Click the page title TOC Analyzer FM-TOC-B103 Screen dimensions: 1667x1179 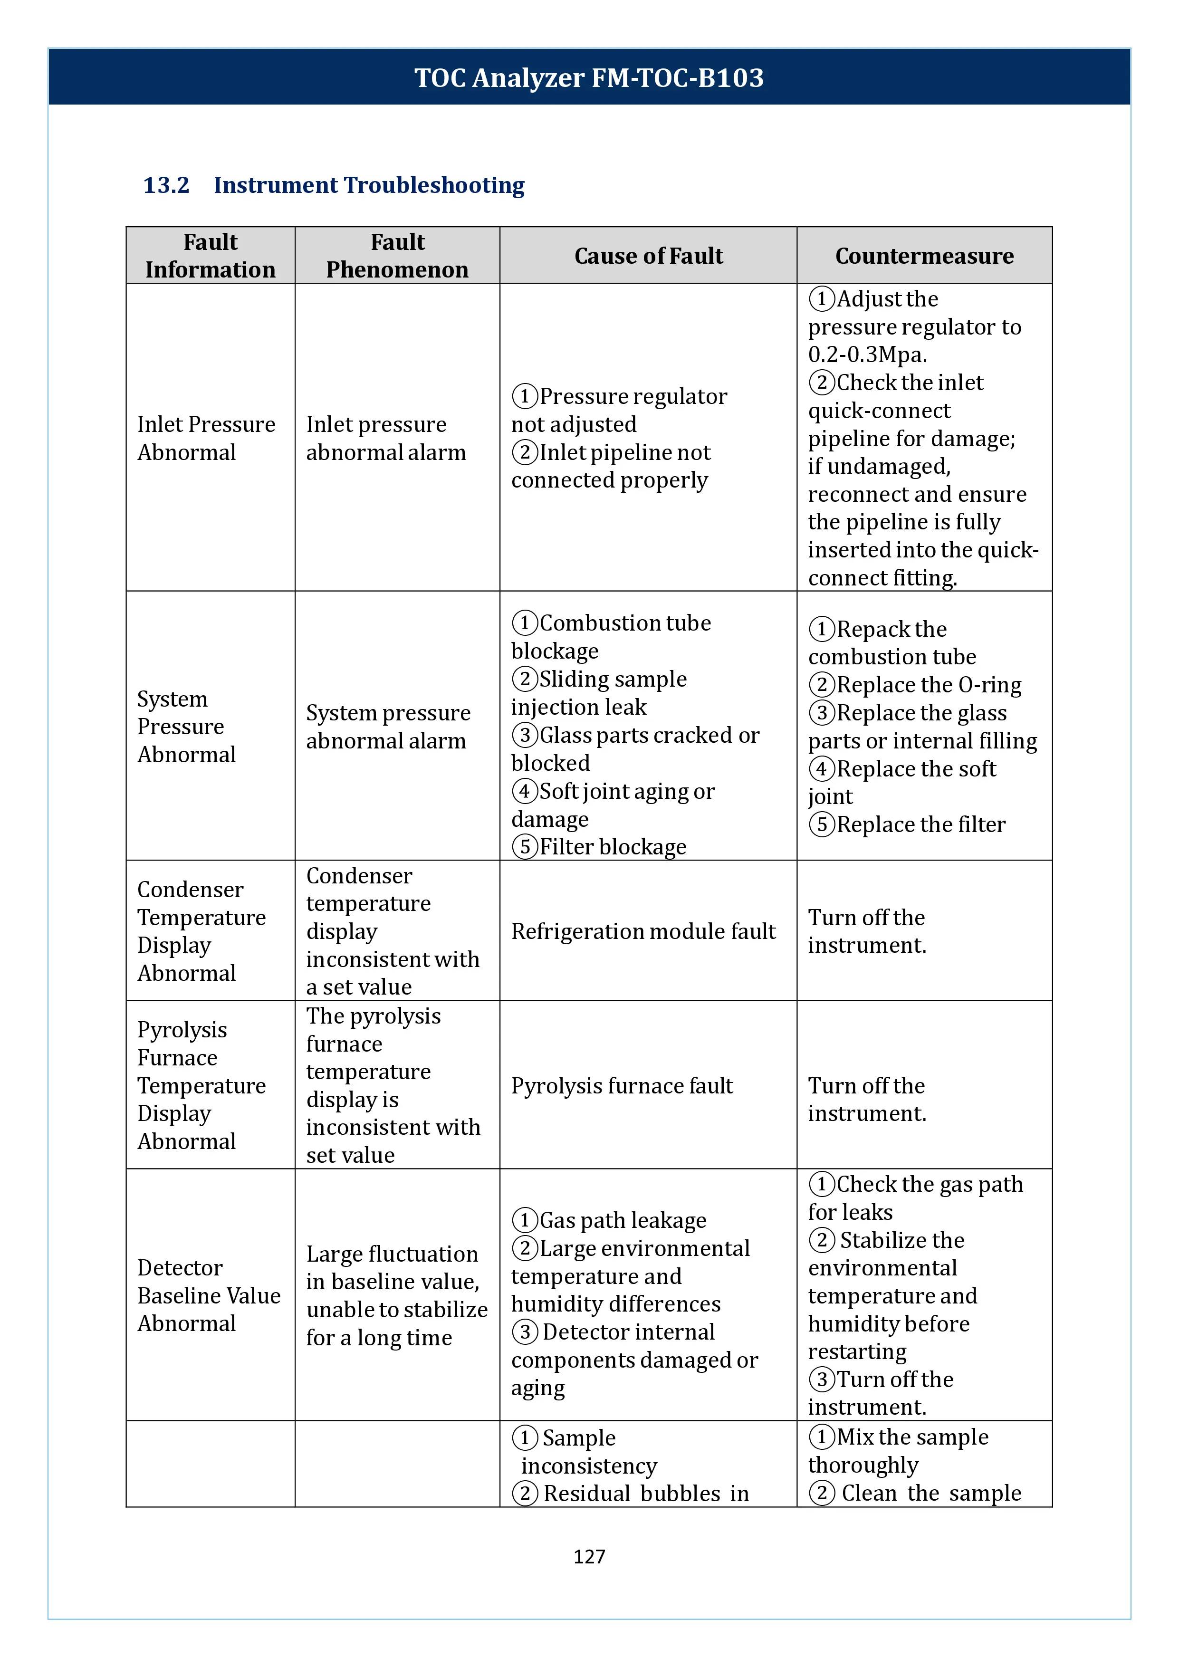[x=589, y=77]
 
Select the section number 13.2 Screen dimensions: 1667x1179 [x=166, y=185]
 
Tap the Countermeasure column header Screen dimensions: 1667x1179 [x=924, y=256]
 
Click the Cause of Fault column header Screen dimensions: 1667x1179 [x=648, y=256]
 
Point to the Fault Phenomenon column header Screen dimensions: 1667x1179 [x=397, y=256]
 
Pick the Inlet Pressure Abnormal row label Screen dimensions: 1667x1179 [x=206, y=438]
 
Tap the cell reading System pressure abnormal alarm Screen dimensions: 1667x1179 [x=388, y=726]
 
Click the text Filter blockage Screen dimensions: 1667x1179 [x=613, y=847]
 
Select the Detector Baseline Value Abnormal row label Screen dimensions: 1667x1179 [x=208, y=1295]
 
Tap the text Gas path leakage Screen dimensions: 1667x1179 [x=622, y=1220]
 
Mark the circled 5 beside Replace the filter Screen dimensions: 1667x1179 [x=822, y=825]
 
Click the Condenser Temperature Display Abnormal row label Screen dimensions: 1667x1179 [x=201, y=931]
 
